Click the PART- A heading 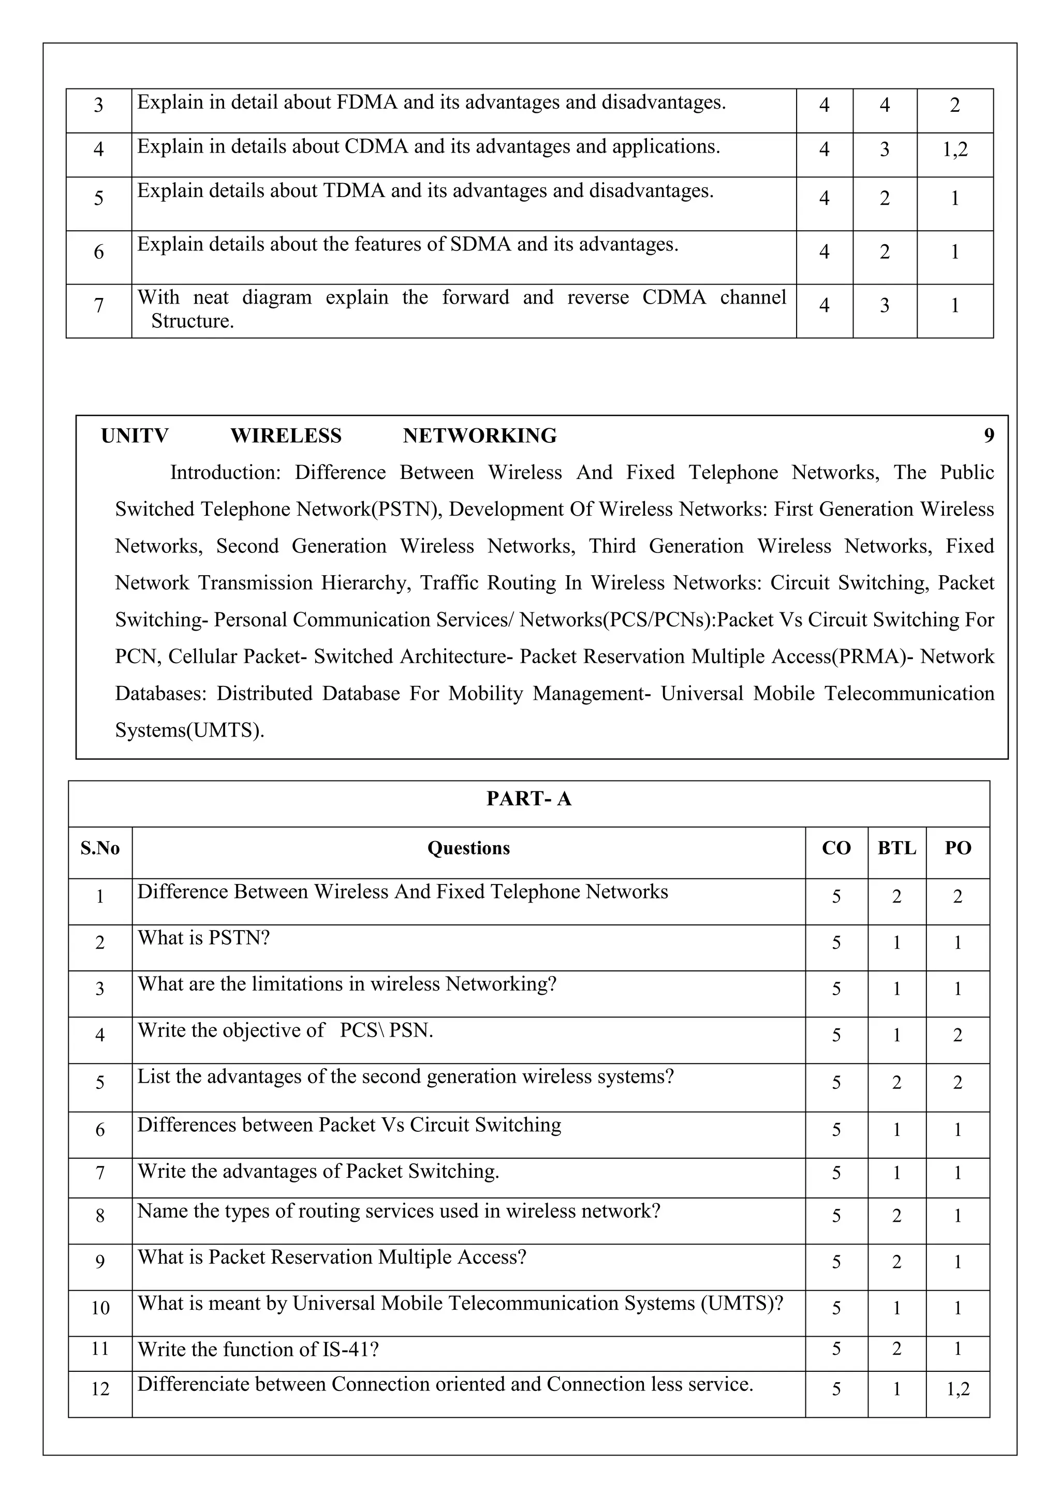(x=528, y=799)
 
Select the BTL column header (x=897, y=848)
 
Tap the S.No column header (x=100, y=848)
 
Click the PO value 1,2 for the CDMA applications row (x=955, y=149)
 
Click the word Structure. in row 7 (x=193, y=321)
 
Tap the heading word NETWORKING (x=480, y=436)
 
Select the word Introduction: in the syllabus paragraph (x=225, y=472)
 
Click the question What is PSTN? (x=203, y=938)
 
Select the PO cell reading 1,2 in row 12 (x=958, y=1390)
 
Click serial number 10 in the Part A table (x=100, y=1308)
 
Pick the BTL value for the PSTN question (x=897, y=943)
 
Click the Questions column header (x=468, y=848)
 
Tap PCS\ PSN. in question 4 (x=387, y=1031)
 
